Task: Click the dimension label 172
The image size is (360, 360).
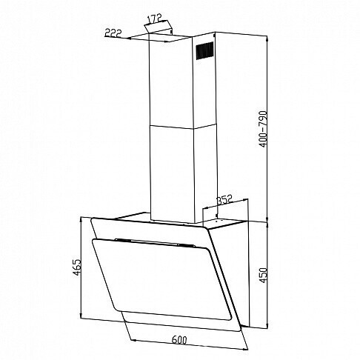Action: point(155,19)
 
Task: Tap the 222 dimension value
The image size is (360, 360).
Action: point(113,33)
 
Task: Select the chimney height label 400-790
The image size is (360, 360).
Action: point(264,129)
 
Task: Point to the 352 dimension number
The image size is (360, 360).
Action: point(225,199)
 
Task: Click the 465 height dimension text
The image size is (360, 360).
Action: point(77,267)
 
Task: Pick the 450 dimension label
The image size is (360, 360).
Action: point(264,276)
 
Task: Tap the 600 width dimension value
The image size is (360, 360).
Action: point(179,340)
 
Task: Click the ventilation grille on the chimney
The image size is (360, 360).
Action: point(204,50)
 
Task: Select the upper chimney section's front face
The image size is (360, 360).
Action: point(171,81)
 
